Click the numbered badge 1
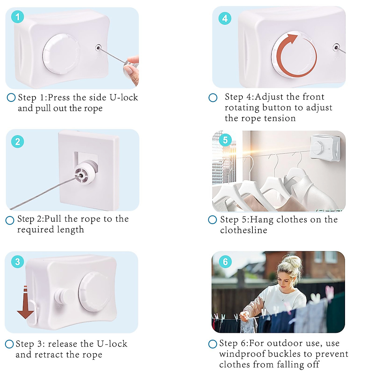pos(18,17)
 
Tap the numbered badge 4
pos(225,18)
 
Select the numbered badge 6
pos(225,261)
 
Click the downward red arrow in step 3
pos(26,303)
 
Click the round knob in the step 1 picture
pos(61,54)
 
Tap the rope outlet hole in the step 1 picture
pos(98,48)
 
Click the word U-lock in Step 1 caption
pos(124,98)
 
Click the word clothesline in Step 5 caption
pos(244,230)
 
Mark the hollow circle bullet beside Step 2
pos(10,220)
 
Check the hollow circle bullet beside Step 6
pos(213,344)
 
